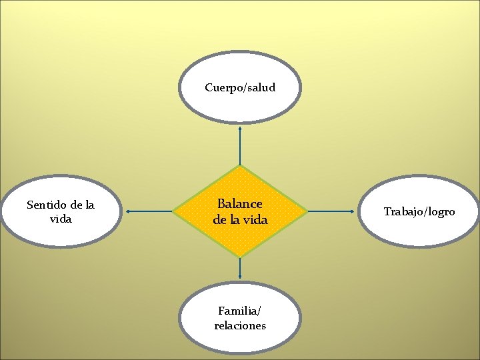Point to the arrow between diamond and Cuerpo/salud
click(240, 145)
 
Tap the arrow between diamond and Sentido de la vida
click(149, 212)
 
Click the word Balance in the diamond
click(240, 204)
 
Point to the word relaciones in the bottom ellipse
click(240, 325)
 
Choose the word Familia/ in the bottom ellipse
click(240, 311)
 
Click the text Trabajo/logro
click(419, 212)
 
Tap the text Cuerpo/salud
click(240, 87)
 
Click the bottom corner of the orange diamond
click(240, 257)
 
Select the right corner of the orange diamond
click(307, 212)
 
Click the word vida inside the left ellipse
click(61, 219)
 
